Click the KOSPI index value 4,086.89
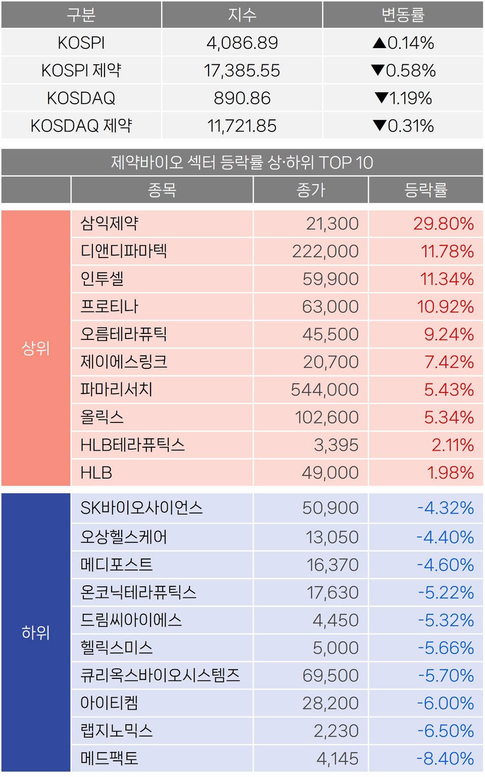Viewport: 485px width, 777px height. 242,43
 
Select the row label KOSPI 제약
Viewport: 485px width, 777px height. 81,70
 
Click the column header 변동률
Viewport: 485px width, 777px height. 403,15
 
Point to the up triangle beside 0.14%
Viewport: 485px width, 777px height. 379,43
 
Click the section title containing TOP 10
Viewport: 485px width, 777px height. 242,163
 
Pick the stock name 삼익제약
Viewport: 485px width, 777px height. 110,223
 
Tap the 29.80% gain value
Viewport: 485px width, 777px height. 443,224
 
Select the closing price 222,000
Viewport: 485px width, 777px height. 325,251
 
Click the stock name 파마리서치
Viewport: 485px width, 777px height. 116,390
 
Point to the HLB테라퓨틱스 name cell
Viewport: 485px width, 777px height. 132,445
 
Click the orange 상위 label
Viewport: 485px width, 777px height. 35,348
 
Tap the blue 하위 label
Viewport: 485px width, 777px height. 35,632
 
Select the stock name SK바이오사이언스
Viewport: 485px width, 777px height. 141,508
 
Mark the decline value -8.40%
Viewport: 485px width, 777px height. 445,758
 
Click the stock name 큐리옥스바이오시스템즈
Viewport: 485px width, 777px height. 160,675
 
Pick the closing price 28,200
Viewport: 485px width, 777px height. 330,703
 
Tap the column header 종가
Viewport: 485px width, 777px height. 311,190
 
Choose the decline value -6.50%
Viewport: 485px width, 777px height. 445,731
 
